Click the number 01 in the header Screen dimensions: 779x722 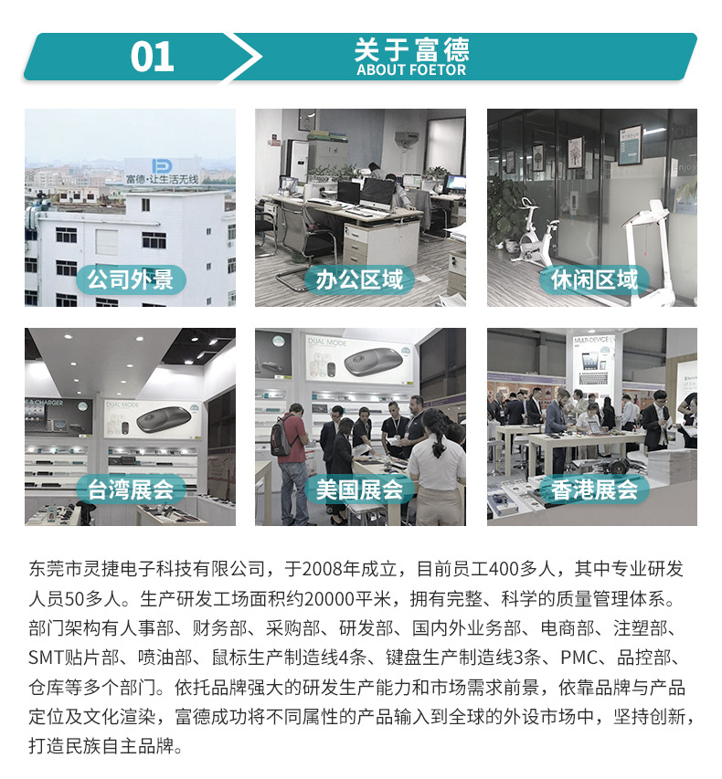coord(153,57)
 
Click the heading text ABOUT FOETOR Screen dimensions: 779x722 coord(411,70)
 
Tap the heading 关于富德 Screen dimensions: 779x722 coord(411,49)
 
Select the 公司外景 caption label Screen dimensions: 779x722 coord(131,279)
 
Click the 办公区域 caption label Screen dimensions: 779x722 coord(360,279)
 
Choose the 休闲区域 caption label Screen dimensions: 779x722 coord(594,279)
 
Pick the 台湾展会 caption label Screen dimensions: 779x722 coord(131,489)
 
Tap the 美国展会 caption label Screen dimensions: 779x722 coord(360,489)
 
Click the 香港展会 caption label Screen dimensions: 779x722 coord(594,489)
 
